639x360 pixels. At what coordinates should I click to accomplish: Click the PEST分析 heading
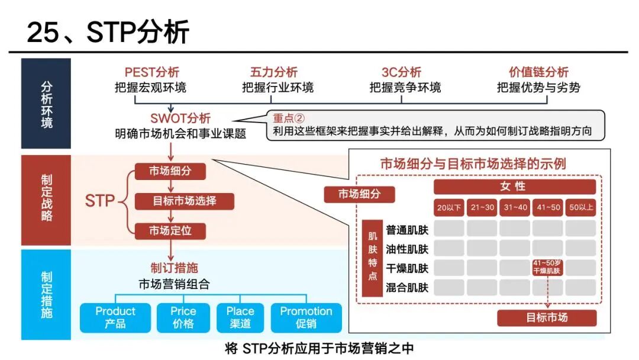click(x=152, y=72)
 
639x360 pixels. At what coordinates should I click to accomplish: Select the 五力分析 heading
click(x=274, y=72)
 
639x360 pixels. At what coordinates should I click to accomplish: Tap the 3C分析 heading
click(x=401, y=72)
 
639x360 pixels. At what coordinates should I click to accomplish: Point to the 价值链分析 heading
click(x=538, y=72)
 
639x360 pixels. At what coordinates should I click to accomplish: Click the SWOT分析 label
click(x=180, y=118)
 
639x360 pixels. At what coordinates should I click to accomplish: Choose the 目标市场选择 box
click(x=185, y=201)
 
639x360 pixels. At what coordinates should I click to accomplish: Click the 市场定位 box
click(x=170, y=231)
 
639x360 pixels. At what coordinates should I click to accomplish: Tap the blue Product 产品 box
click(x=115, y=317)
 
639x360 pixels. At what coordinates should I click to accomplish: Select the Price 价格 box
click(x=183, y=317)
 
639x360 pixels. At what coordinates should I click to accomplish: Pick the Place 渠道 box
click(x=240, y=317)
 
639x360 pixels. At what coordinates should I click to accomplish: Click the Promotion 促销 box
click(x=306, y=317)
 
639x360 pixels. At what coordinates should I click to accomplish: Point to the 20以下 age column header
click(x=449, y=207)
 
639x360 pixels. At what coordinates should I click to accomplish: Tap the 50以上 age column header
click(x=581, y=207)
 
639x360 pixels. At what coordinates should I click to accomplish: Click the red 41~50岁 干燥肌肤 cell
click(x=547, y=267)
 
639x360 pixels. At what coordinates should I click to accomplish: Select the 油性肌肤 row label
click(x=407, y=249)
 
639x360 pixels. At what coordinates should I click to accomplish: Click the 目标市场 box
click(x=547, y=317)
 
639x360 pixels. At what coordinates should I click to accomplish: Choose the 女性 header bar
click(x=515, y=187)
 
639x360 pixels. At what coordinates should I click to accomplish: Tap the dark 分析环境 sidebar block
click(x=46, y=104)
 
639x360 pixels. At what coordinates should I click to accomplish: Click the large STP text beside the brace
click(x=100, y=201)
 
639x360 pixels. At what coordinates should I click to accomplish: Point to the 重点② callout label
click(x=289, y=118)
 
